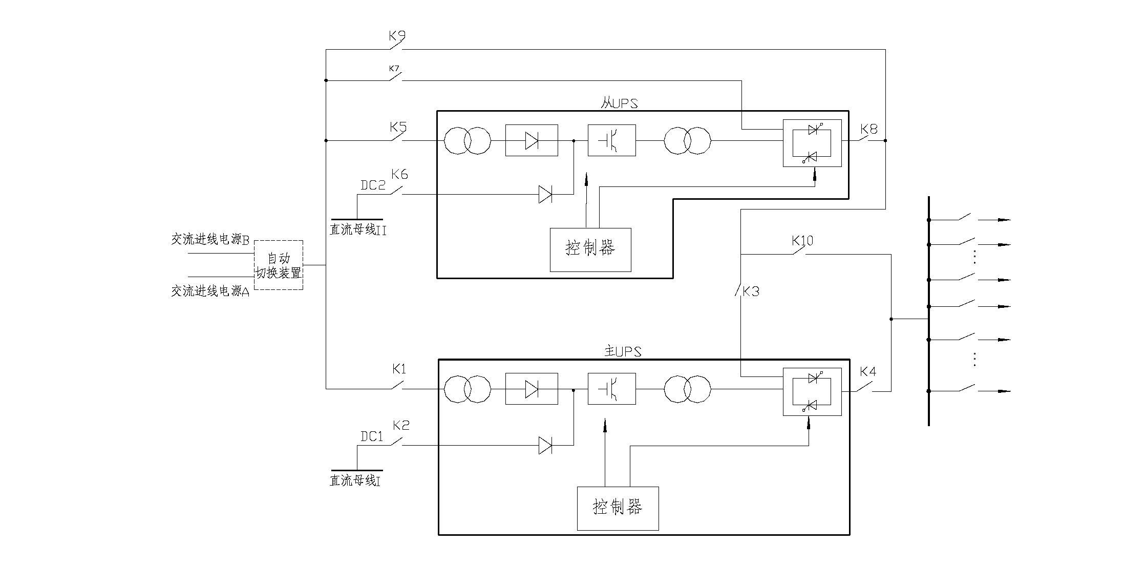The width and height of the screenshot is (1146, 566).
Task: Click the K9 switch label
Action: [397, 36]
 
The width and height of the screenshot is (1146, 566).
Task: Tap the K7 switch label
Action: [394, 69]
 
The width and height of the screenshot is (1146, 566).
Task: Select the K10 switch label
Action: [802, 241]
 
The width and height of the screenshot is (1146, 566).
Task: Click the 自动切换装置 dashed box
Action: [279, 265]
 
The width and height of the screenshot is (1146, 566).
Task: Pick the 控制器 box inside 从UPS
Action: [590, 249]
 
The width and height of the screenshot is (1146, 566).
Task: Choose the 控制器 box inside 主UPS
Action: [618, 508]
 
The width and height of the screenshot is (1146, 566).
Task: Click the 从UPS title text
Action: [619, 103]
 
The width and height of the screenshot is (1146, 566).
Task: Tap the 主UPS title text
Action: [623, 352]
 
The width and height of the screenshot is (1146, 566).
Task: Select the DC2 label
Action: [373, 185]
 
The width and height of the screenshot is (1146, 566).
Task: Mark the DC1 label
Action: [372, 436]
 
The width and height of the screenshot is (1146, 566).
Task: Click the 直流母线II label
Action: [358, 230]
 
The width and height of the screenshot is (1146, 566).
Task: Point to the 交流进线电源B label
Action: [210, 239]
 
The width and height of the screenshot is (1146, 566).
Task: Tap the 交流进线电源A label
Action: [210, 291]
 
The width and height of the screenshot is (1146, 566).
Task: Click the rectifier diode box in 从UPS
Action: [532, 140]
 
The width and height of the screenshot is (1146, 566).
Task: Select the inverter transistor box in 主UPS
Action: [612, 389]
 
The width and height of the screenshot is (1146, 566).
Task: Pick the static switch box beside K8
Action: [812, 143]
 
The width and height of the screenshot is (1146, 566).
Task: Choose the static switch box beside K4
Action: [812, 392]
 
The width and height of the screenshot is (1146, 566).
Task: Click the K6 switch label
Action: [399, 175]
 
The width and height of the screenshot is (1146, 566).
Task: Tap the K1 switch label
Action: [399, 369]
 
